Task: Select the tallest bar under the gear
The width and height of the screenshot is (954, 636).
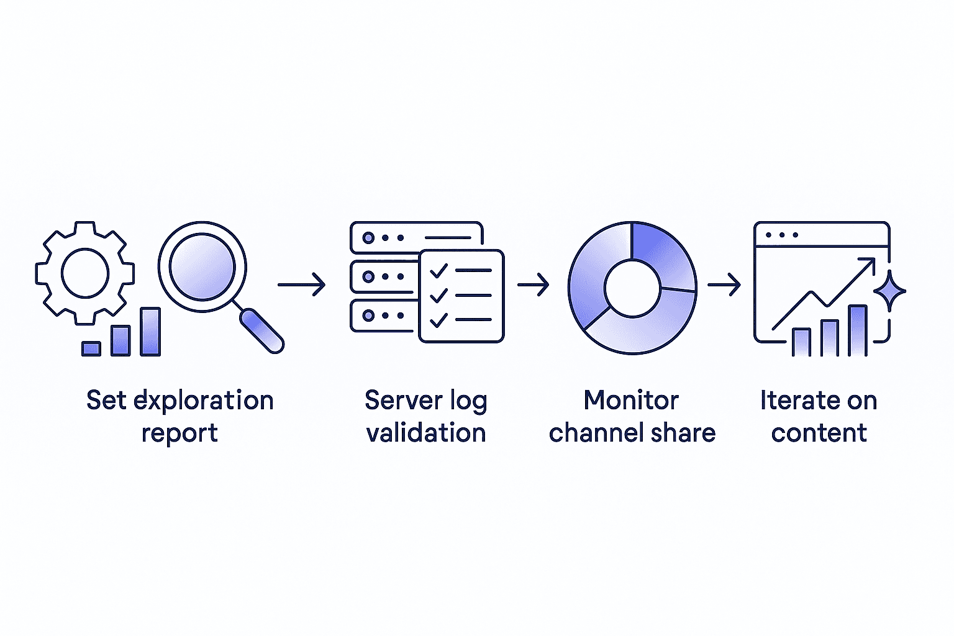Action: point(150,332)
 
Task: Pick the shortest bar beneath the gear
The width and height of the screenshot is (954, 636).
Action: point(91,348)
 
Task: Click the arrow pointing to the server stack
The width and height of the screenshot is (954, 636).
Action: point(302,284)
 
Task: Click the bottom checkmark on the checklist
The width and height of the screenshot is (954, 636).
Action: point(439,320)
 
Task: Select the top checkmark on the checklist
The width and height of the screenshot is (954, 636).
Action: point(439,270)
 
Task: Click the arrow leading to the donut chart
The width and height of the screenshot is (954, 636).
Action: point(534,285)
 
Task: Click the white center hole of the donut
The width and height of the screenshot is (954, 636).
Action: point(632,288)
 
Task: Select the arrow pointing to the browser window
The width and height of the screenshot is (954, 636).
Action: point(724,285)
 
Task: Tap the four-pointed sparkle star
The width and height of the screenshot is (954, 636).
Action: point(889,290)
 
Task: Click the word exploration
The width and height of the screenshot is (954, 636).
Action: point(204,401)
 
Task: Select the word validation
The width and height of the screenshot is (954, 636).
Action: point(426,433)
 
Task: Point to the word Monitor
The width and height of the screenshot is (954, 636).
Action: point(631,401)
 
